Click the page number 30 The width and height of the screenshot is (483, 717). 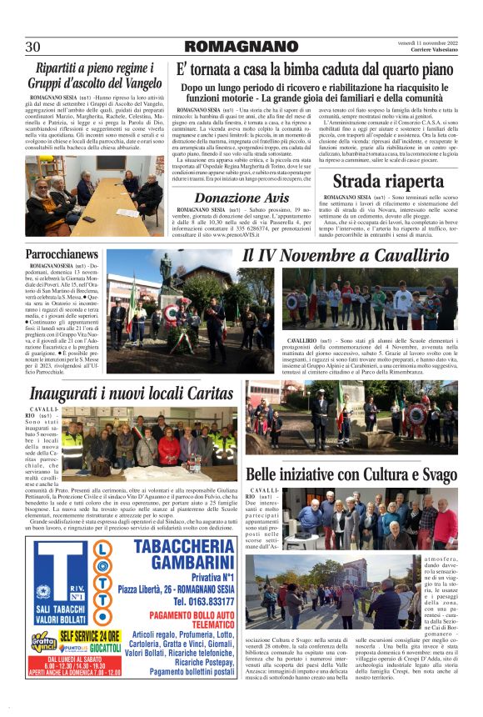click(x=32, y=46)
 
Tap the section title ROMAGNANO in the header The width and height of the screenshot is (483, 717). click(x=237, y=47)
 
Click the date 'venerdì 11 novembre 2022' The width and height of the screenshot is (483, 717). click(x=428, y=43)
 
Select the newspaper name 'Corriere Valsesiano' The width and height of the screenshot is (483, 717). click(x=435, y=52)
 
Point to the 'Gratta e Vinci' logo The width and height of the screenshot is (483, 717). click(x=37, y=645)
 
